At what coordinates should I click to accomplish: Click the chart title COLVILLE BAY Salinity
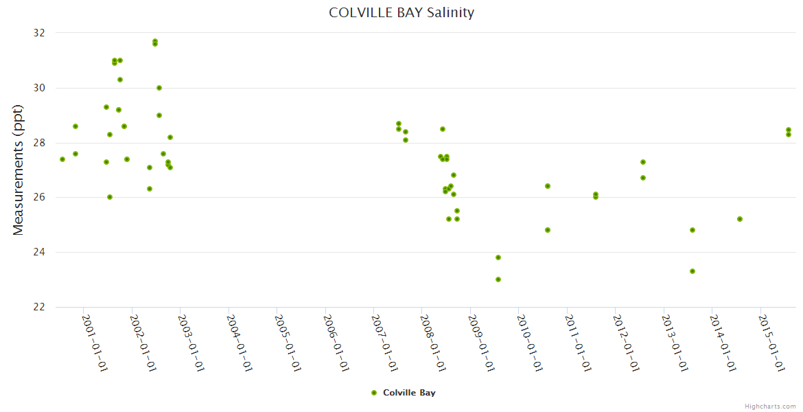pos(401,12)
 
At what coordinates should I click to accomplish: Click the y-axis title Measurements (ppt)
pos(19,170)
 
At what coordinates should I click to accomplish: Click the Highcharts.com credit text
pos(770,406)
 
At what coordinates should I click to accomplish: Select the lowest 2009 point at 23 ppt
pos(498,279)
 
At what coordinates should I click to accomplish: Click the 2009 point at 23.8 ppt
pos(498,257)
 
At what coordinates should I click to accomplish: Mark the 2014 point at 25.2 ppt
pos(740,219)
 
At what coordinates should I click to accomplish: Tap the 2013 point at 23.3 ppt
pos(693,271)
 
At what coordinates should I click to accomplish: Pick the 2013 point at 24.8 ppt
pos(693,230)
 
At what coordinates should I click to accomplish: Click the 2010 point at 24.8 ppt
pos(548,230)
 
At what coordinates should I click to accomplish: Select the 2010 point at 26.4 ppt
pos(548,186)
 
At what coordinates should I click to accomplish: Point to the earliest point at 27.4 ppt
pos(62,159)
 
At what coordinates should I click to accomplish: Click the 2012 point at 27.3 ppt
pos(643,162)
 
